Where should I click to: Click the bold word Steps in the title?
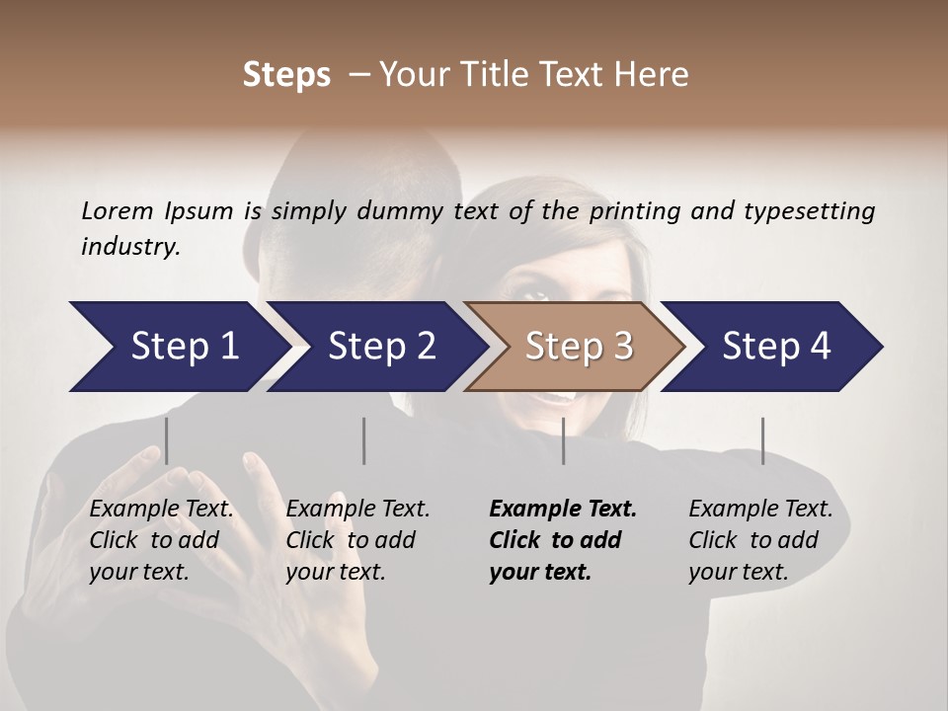tap(286, 75)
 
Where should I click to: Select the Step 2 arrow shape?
tap(380, 347)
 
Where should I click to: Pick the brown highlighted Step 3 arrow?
tap(578, 347)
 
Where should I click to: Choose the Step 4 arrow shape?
tap(775, 347)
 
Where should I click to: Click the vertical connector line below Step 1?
tap(166, 440)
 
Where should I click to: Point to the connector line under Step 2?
tap(364, 440)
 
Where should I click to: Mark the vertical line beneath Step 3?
tap(563, 440)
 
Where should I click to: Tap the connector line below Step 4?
tap(762, 440)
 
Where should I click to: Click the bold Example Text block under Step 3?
tap(563, 540)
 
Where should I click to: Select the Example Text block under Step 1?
tap(161, 540)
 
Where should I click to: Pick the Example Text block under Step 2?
tap(357, 540)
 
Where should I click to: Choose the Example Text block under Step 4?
tap(760, 540)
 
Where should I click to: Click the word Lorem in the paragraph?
tap(117, 210)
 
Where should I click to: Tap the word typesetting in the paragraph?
tap(818, 210)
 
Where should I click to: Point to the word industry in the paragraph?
tap(130, 246)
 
